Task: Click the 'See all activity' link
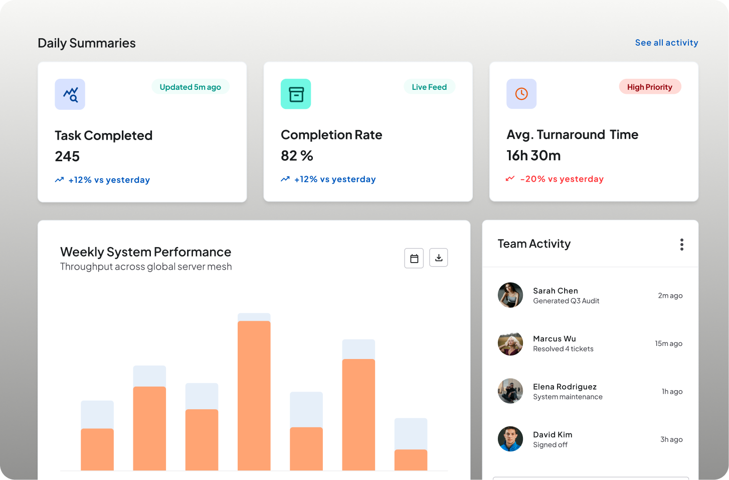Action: pos(666,43)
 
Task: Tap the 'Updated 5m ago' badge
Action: pos(191,87)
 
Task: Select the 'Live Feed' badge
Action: pos(429,87)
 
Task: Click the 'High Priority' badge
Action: pos(650,87)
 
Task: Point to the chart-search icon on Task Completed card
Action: pos(70,94)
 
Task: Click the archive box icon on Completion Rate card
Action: pos(296,94)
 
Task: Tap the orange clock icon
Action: pos(521,94)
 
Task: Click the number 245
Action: pos(67,157)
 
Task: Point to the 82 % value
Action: pos(297,156)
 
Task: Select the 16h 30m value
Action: pos(533,156)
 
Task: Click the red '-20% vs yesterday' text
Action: pos(562,179)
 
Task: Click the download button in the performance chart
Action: pos(438,258)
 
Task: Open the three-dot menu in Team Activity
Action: pos(681,245)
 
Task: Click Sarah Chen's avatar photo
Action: pos(510,295)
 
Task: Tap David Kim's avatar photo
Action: pos(510,439)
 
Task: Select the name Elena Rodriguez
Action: pos(565,387)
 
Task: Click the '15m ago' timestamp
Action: pos(668,343)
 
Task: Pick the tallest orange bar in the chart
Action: pos(254,396)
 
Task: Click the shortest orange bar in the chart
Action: pos(411,460)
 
